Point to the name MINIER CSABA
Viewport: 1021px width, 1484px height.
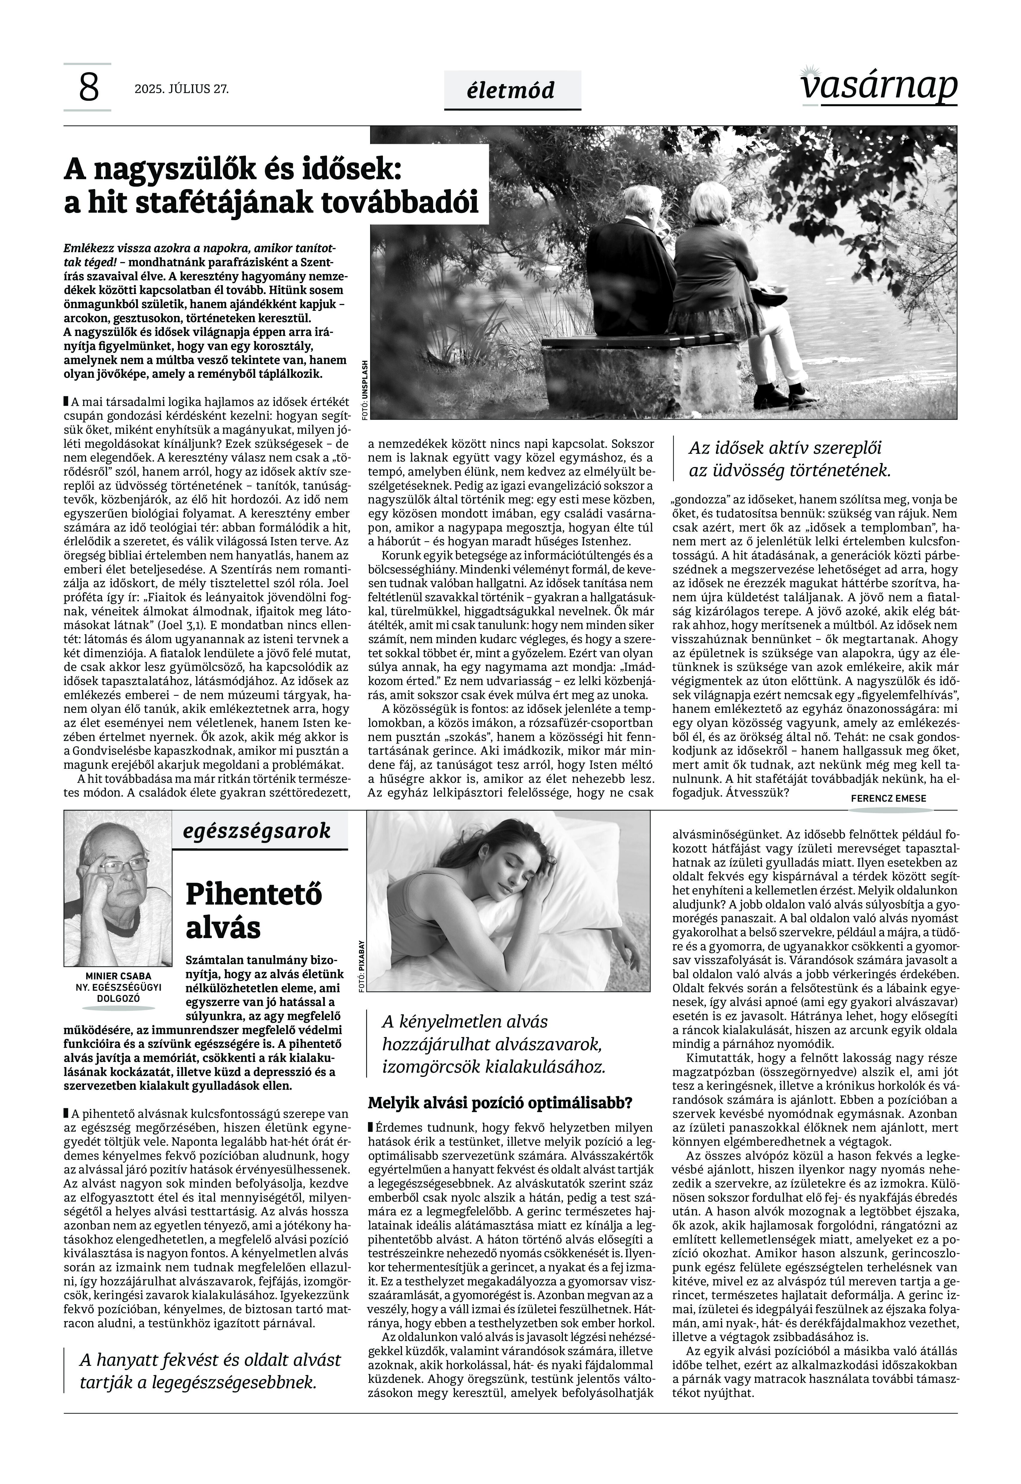tap(118, 976)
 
